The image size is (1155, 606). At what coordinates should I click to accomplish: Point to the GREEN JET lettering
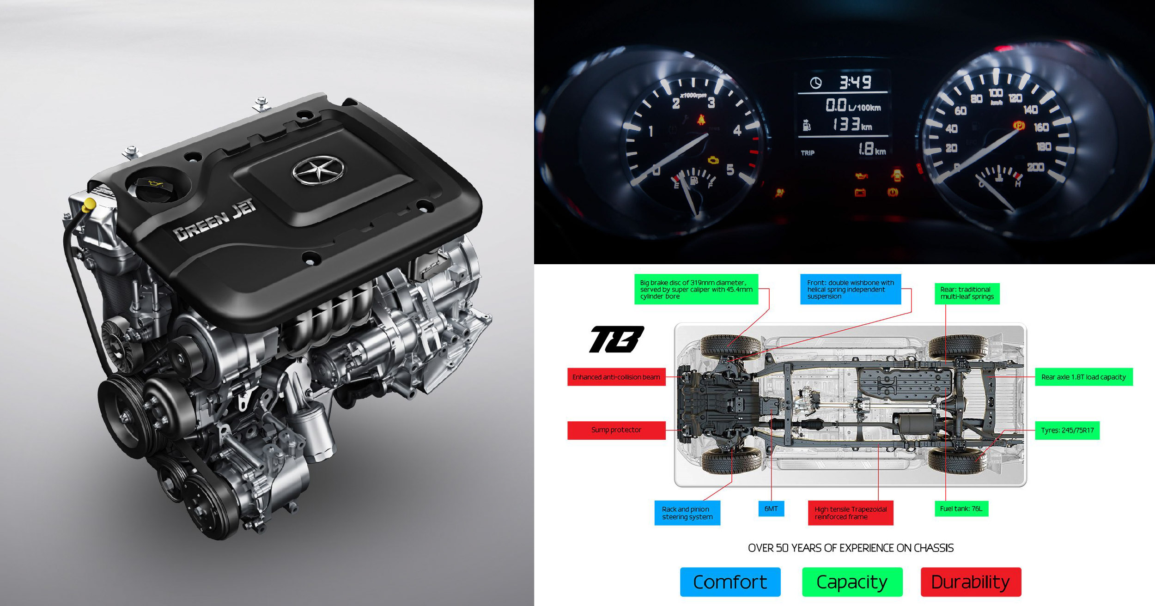pyautogui.click(x=215, y=219)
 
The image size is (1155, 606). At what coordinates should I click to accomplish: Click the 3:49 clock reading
pyautogui.click(x=855, y=83)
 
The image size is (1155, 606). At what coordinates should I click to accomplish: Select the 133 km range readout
pyautogui.click(x=852, y=125)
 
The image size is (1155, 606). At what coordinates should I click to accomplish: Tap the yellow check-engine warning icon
pyautogui.click(x=714, y=160)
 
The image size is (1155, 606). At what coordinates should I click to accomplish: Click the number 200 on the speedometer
pyautogui.click(x=1035, y=167)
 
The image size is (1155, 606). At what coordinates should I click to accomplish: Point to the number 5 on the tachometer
pyautogui.click(x=730, y=170)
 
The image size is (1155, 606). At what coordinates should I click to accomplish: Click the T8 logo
pyautogui.click(x=616, y=339)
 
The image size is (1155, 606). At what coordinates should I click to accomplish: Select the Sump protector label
pyautogui.click(x=616, y=430)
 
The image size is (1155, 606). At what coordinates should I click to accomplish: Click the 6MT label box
pyautogui.click(x=771, y=509)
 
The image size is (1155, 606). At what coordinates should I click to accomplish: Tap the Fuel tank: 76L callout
pyautogui.click(x=961, y=509)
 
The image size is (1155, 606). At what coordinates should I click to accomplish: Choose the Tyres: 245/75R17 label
pyautogui.click(x=1067, y=430)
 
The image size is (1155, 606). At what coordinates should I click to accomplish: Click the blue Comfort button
pyautogui.click(x=730, y=582)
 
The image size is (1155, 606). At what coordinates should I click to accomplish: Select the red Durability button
pyautogui.click(x=971, y=582)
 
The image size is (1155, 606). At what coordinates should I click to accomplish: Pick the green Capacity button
pyautogui.click(x=852, y=582)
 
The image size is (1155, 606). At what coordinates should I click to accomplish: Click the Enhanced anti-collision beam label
pyautogui.click(x=616, y=377)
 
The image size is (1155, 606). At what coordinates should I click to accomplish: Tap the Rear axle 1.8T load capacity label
pyautogui.click(x=1084, y=377)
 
